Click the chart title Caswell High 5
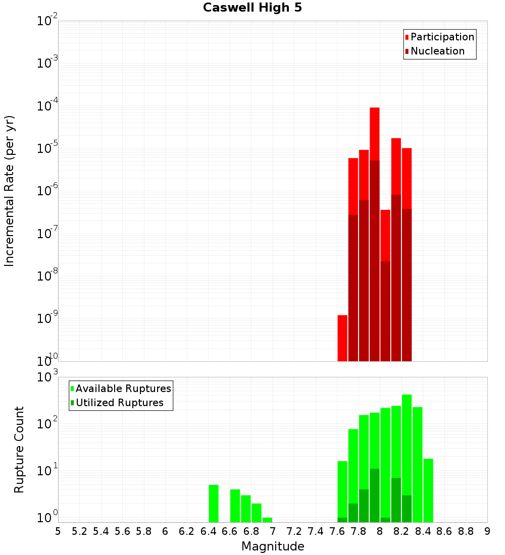pos(252,8)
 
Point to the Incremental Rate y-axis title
pos(10,191)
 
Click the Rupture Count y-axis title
pos(19,450)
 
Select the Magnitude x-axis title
pos(273,546)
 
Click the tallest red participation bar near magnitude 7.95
pos(374,134)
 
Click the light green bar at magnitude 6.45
pos(214,503)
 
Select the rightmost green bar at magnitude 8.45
pos(428,490)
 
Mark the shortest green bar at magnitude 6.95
pos(267,520)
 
